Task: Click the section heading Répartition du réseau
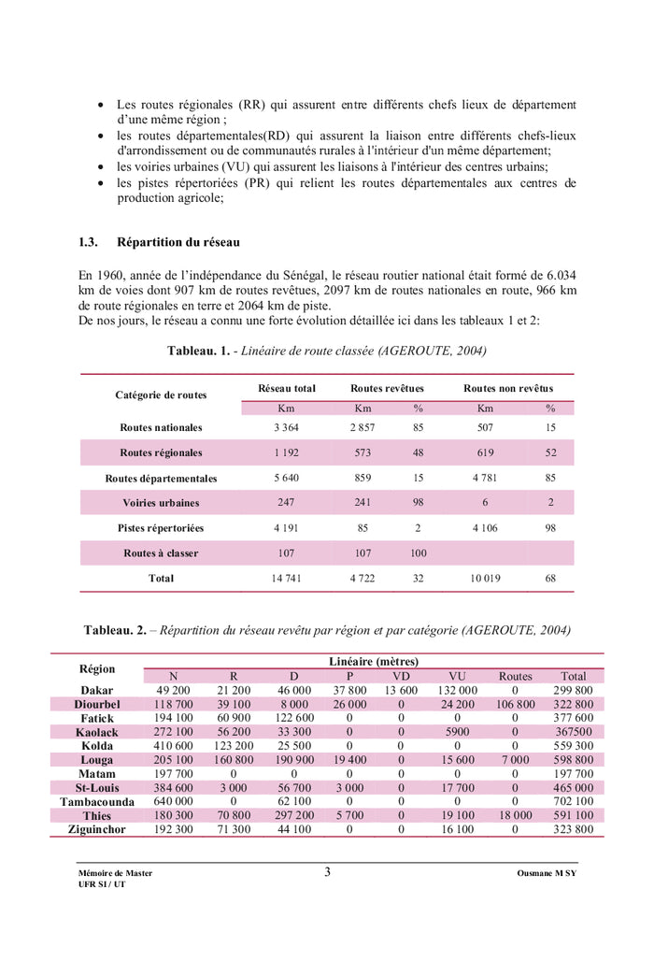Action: click(178, 242)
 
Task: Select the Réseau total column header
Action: click(287, 388)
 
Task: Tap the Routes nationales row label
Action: click(161, 427)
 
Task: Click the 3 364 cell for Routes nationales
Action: click(286, 427)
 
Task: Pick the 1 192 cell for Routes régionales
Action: click(286, 452)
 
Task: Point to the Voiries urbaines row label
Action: click(161, 503)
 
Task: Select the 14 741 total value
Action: click(286, 579)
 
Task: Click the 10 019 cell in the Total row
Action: click(485, 579)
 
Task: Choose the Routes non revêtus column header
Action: click(508, 388)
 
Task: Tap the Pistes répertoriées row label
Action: click(161, 528)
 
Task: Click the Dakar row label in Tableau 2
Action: click(97, 690)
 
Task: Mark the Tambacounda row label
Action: click(97, 802)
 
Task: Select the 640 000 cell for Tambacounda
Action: click(173, 801)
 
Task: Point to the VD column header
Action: click(401, 676)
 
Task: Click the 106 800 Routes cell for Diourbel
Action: click(515, 704)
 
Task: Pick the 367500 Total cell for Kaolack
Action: click(574, 732)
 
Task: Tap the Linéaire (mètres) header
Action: click(374, 661)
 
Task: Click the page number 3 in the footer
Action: click(327, 872)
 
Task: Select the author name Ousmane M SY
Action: click(547, 873)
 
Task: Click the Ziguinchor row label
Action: click(97, 830)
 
